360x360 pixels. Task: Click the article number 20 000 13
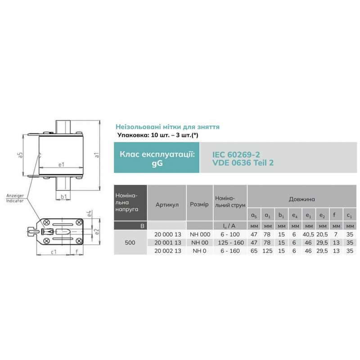click(x=167, y=235)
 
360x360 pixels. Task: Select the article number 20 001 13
click(x=167, y=243)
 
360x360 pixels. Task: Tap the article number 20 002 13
click(x=167, y=251)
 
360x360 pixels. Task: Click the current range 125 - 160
click(x=230, y=243)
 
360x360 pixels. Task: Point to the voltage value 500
click(x=130, y=243)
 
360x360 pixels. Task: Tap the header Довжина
click(x=302, y=198)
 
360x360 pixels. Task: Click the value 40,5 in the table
click(x=307, y=235)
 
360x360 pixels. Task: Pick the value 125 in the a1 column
click(x=268, y=251)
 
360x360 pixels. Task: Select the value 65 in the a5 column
click(x=254, y=251)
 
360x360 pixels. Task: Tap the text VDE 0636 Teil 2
click(x=243, y=163)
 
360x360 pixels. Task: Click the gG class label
click(x=157, y=163)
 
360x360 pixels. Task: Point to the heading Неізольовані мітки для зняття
click(x=167, y=127)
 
